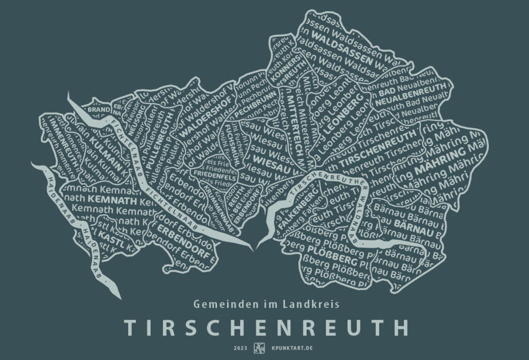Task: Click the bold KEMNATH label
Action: [112, 200]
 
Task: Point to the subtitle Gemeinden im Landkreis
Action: [266, 304]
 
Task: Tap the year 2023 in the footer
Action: [240, 348]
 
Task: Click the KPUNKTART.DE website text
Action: [292, 348]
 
